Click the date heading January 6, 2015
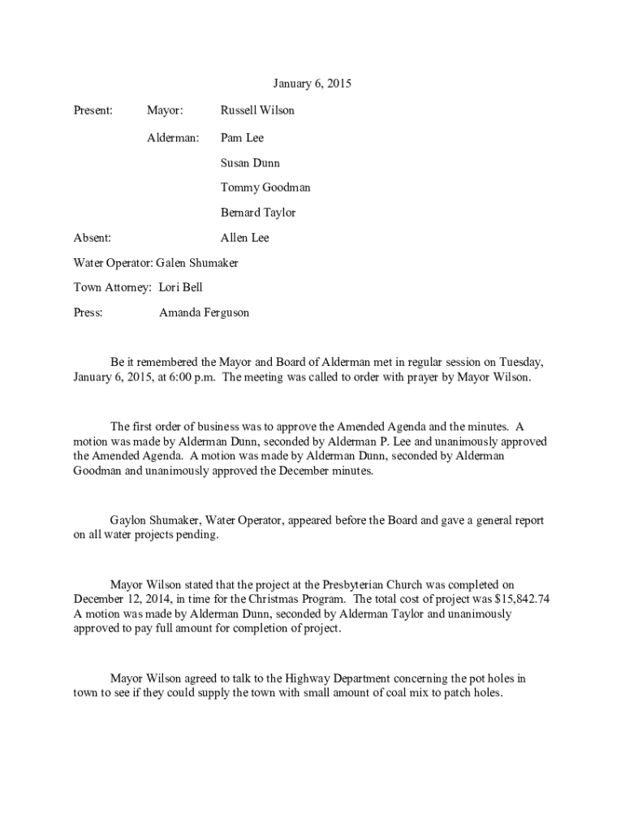[x=312, y=84]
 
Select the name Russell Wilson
[x=257, y=110]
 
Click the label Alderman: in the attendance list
[x=172, y=138]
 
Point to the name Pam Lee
[x=242, y=138]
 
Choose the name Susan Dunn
[x=250, y=163]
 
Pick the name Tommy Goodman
[x=265, y=187]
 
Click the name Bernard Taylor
[x=258, y=213]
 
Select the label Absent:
[x=93, y=238]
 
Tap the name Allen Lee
[x=244, y=238]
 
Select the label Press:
[x=88, y=312]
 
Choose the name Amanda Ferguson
[x=204, y=312]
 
